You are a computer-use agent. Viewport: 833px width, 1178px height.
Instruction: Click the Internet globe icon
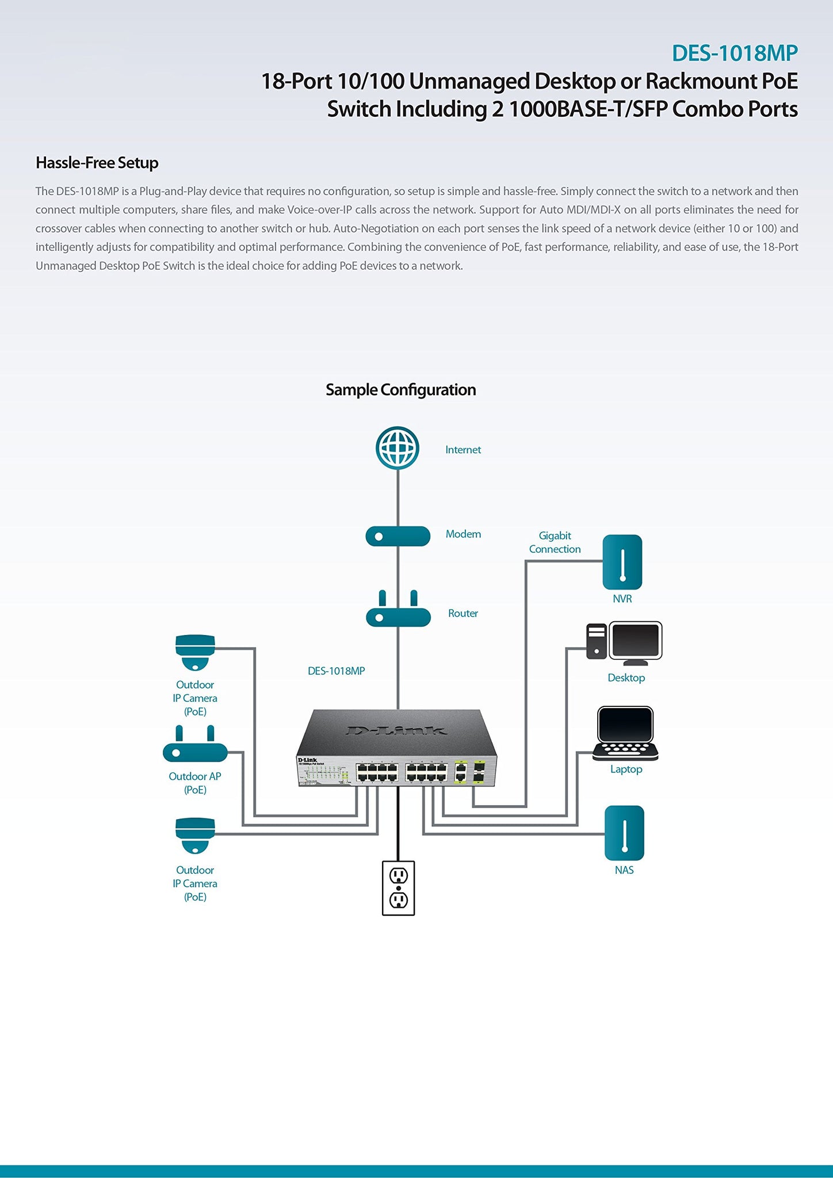[x=397, y=448]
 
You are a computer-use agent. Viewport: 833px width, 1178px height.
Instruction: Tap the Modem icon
[x=398, y=536]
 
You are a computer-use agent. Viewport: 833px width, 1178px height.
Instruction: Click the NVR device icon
[x=622, y=562]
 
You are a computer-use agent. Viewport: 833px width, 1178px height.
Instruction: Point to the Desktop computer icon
[x=625, y=642]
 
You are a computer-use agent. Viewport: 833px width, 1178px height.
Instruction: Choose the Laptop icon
[x=625, y=733]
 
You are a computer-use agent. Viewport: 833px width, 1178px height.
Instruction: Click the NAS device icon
[x=624, y=833]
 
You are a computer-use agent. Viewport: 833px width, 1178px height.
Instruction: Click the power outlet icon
[x=398, y=888]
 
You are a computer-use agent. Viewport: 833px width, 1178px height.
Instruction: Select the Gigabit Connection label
[x=555, y=542]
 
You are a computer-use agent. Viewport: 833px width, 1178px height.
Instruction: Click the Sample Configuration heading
[x=400, y=390]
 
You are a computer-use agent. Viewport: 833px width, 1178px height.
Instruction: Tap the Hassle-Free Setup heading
[x=97, y=163]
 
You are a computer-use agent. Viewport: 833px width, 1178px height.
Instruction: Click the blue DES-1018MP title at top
[x=734, y=53]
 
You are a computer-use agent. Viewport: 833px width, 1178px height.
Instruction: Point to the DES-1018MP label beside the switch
[x=336, y=671]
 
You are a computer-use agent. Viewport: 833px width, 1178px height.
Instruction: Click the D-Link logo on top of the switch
[x=396, y=730]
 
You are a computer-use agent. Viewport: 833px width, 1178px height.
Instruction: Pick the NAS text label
[x=624, y=870]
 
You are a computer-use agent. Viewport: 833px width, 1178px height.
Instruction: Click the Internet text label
[x=463, y=450]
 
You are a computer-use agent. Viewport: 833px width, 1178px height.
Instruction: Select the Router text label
[x=463, y=613]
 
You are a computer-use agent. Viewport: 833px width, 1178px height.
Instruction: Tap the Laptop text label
[x=626, y=769]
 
